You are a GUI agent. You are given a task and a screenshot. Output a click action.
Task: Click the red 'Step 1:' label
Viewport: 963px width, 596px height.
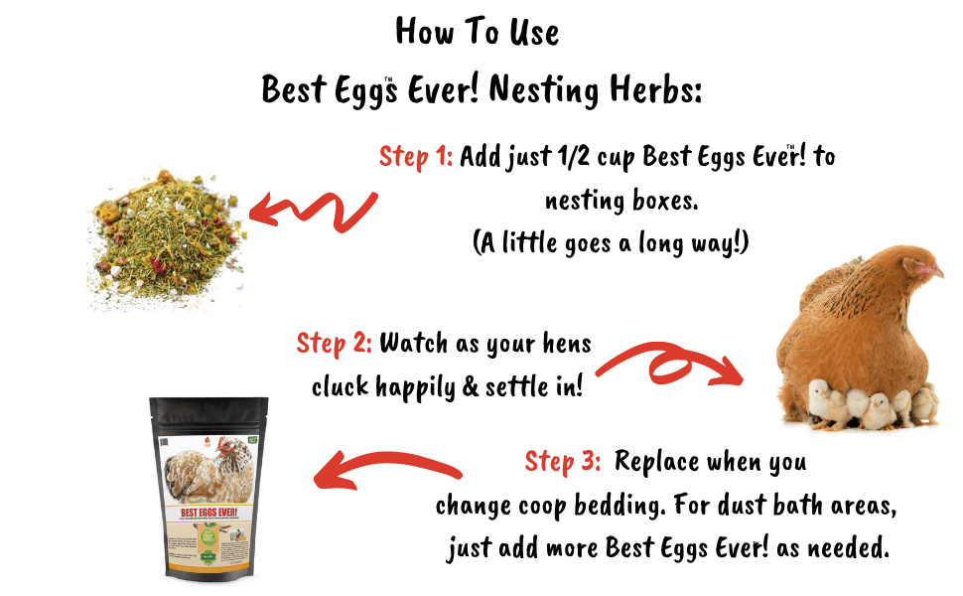pyautogui.click(x=416, y=157)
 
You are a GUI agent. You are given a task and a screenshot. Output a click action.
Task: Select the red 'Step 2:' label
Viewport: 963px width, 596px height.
pyautogui.click(x=335, y=344)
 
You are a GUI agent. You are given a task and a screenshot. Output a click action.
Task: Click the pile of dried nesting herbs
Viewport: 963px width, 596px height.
pyautogui.click(x=165, y=239)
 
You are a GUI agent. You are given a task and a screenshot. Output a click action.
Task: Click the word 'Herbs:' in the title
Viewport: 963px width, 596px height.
pyautogui.click(x=653, y=90)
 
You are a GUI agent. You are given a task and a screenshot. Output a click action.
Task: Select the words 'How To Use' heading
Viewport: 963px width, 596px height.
pyautogui.click(x=477, y=32)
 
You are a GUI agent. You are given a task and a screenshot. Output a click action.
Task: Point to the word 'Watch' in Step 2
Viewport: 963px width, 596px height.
pyautogui.click(x=415, y=344)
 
